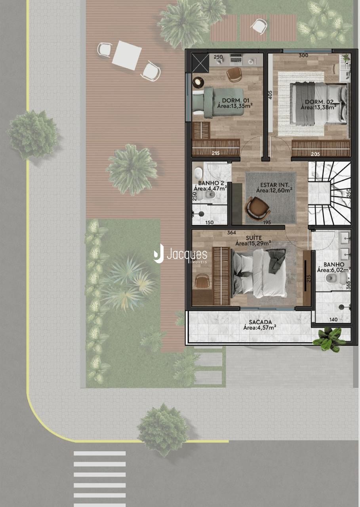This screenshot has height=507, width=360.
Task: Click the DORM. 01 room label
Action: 236,100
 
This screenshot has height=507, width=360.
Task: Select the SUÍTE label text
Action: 254,238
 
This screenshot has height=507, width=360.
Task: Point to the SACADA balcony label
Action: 261,322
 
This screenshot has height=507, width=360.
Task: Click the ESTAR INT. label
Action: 275,185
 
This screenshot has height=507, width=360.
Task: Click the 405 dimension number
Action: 270,95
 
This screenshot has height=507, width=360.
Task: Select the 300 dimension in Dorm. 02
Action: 303,55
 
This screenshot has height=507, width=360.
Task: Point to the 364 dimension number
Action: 231,232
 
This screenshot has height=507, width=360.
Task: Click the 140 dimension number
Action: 333,319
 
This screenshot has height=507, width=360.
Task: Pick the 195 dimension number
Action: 267,222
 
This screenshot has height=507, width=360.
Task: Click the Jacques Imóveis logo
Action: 180,254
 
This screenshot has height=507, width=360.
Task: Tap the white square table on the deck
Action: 127,55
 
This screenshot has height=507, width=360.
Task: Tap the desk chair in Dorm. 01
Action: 234,74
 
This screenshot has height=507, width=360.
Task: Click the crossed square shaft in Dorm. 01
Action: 200,63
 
